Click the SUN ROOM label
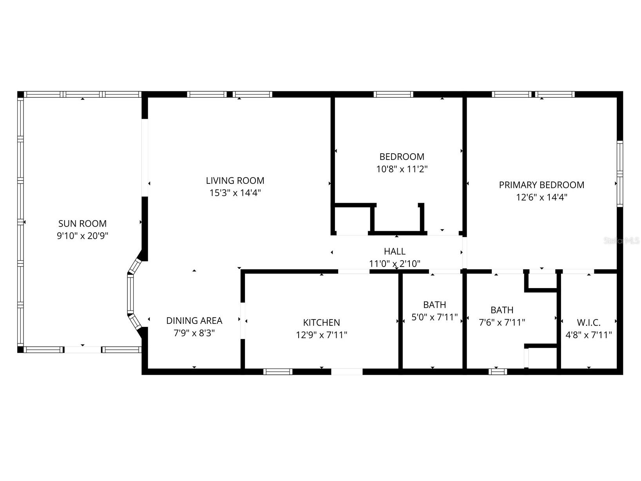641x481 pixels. (x=82, y=223)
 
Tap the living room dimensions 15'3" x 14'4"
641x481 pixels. (x=235, y=193)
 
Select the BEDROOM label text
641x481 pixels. (x=402, y=156)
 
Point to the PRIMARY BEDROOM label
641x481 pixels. (x=541, y=185)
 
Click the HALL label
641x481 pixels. (x=395, y=251)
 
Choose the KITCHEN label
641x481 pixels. (x=321, y=322)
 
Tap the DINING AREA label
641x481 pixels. (x=194, y=320)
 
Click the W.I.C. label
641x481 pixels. (x=588, y=322)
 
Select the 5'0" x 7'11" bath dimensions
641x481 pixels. (x=434, y=317)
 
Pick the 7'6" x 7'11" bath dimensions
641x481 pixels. (x=502, y=322)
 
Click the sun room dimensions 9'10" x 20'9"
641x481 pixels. (x=82, y=236)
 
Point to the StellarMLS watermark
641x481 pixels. (x=621, y=240)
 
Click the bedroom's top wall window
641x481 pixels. (x=393, y=94)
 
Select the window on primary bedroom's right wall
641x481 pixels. (x=619, y=174)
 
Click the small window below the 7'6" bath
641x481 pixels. (x=498, y=371)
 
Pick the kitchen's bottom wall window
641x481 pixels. (x=278, y=371)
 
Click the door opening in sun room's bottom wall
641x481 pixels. (x=83, y=349)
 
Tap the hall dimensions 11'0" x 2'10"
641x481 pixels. (x=395, y=263)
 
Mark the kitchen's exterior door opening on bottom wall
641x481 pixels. (x=347, y=371)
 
